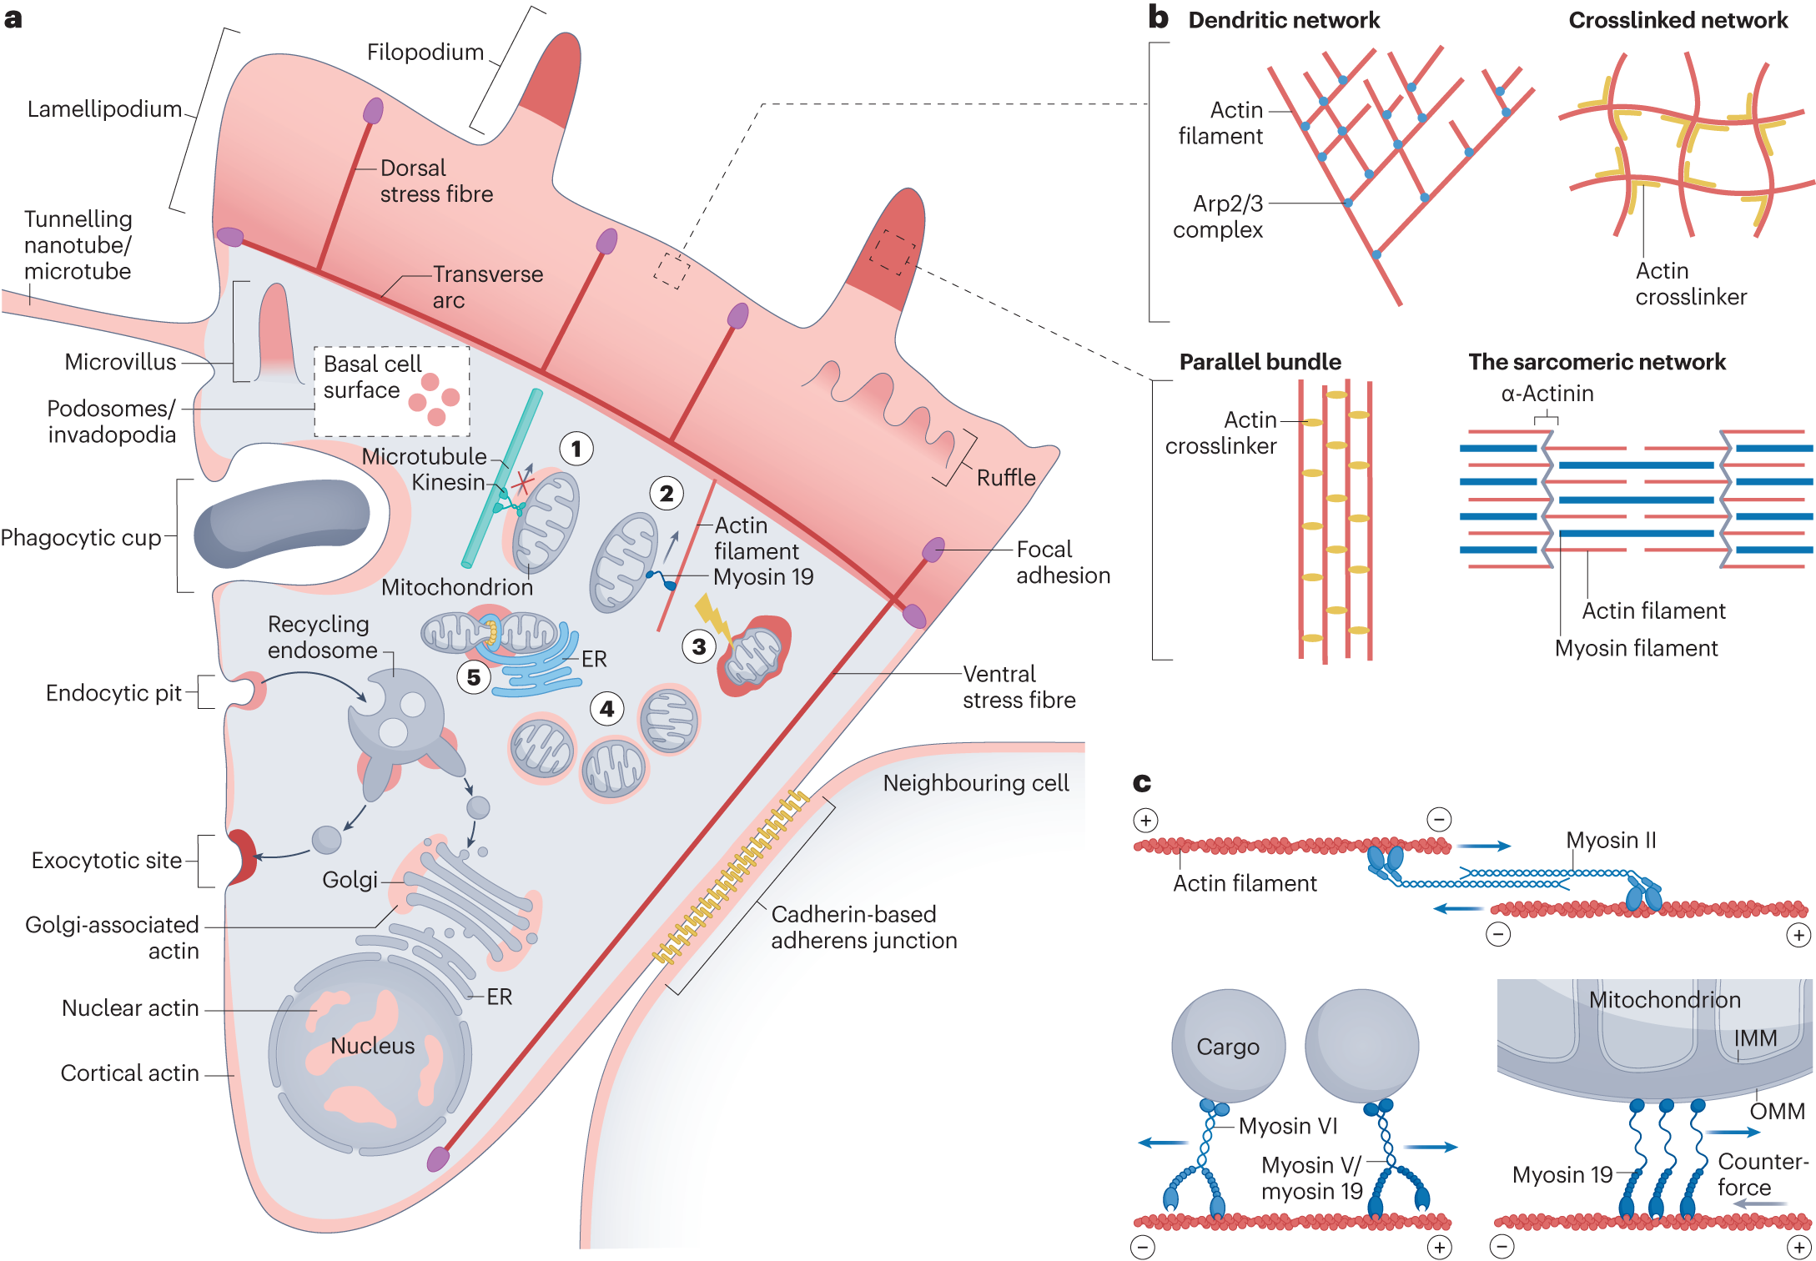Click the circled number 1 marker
(576, 449)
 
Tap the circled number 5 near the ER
(473, 676)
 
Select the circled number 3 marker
(699, 646)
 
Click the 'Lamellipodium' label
(104, 109)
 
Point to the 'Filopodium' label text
(425, 53)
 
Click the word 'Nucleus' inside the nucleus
(372, 1046)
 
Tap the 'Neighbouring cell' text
(976, 783)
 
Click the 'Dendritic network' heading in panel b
(1284, 20)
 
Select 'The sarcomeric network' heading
(1597, 362)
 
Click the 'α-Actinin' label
(1547, 394)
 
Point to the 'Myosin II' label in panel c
(1611, 840)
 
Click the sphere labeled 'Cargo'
(1228, 1046)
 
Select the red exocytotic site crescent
(242, 857)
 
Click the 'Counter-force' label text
(1763, 1174)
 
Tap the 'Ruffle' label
(1006, 478)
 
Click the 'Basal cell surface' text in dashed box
(372, 377)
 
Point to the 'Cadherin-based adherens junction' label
(863, 927)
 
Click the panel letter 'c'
(1142, 782)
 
